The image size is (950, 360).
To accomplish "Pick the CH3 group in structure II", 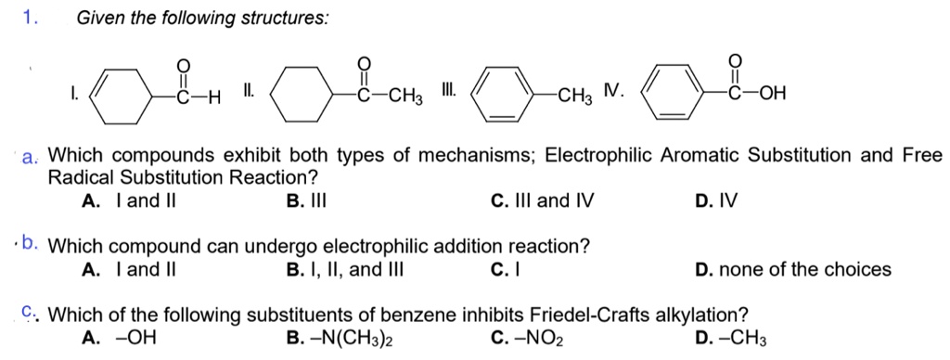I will click(404, 96).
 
